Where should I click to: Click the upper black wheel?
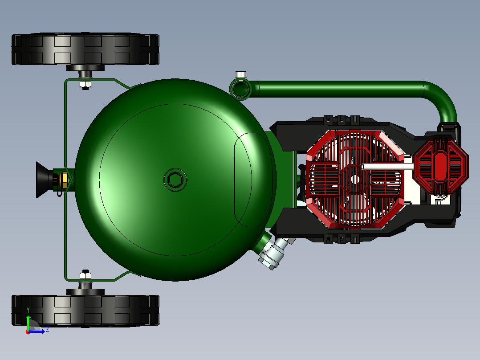tap(85, 49)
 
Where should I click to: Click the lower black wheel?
tap(85, 311)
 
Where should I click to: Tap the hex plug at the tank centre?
tap(175, 180)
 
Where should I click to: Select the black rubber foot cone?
tap(45, 180)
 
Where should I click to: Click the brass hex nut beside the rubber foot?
tap(64, 180)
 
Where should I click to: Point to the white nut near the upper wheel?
tap(85, 84)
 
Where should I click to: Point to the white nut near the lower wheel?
tap(85, 275)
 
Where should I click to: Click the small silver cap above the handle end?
tap(240, 74)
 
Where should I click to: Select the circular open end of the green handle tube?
tap(240, 89)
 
